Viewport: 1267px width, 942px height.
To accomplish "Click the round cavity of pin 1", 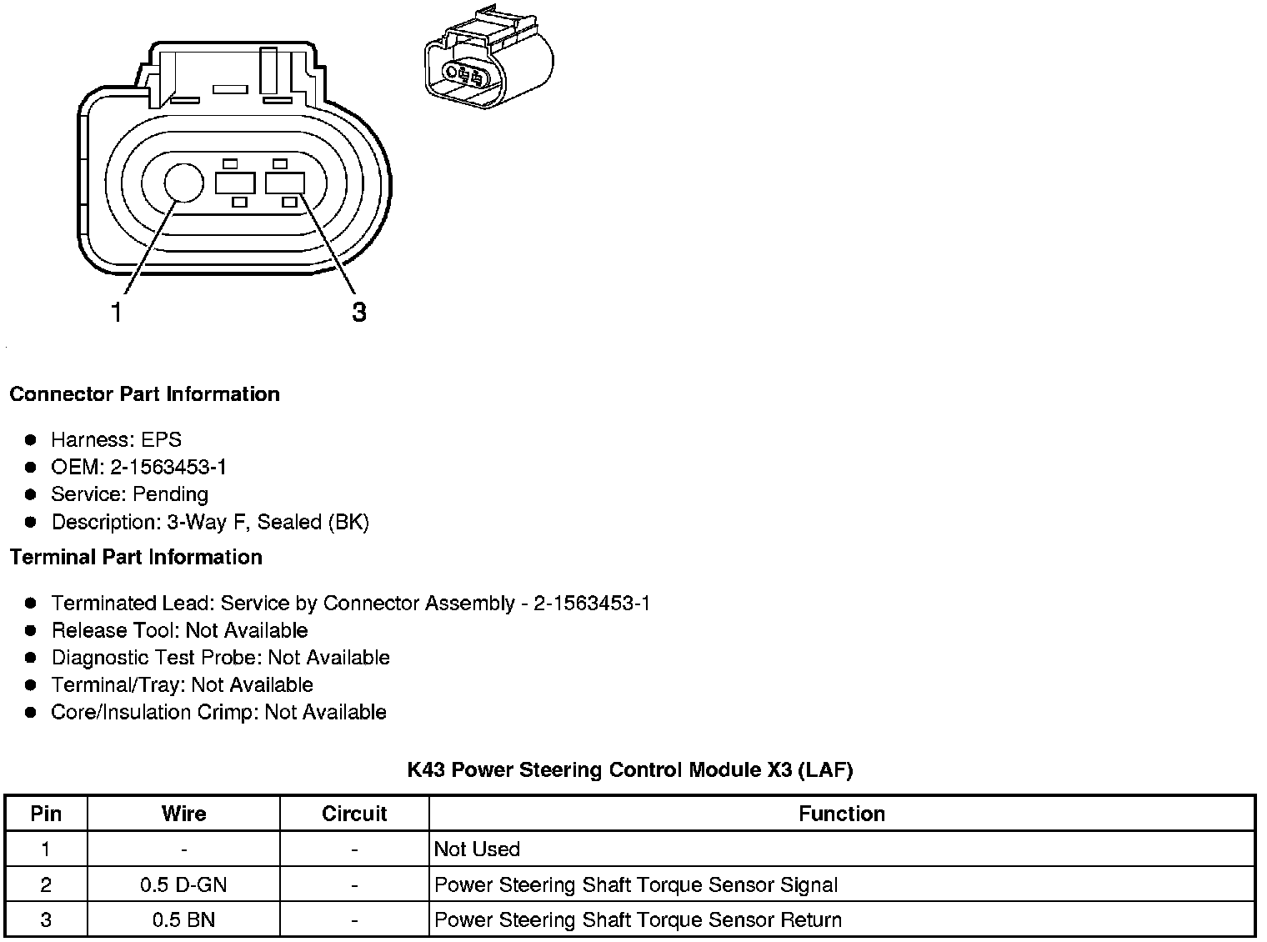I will coord(183,183).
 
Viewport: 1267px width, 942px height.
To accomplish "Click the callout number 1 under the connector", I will coord(117,313).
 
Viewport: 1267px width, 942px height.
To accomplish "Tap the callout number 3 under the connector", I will coord(358,313).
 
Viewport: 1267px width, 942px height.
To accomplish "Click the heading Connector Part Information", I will coord(144,394).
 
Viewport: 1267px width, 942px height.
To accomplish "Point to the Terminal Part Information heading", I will coord(136,557).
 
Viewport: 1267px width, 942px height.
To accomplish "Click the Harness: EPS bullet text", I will coord(116,439).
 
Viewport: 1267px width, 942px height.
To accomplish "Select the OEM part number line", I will coord(138,467).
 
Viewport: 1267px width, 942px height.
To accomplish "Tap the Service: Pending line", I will coord(129,494).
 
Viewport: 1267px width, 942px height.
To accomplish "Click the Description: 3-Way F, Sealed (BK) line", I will coord(210,522).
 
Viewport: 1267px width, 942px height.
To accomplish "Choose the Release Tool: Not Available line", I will coord(179,630).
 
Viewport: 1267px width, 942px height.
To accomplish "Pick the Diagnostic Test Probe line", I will coord(220,658).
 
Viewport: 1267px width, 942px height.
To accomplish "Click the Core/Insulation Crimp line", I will coord(218,712).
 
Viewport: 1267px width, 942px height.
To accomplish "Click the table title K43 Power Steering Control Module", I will coord(630,769).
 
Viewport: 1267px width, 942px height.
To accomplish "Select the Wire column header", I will coord(183,814).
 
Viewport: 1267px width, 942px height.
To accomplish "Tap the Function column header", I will coord(842,814).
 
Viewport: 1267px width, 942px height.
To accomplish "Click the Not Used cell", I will coord(477,849).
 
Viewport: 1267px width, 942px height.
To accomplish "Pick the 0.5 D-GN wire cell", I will coord(183,884).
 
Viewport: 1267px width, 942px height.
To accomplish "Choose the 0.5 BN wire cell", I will coord(183,920).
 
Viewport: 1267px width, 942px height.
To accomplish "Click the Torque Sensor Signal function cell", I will coord(636,884).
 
